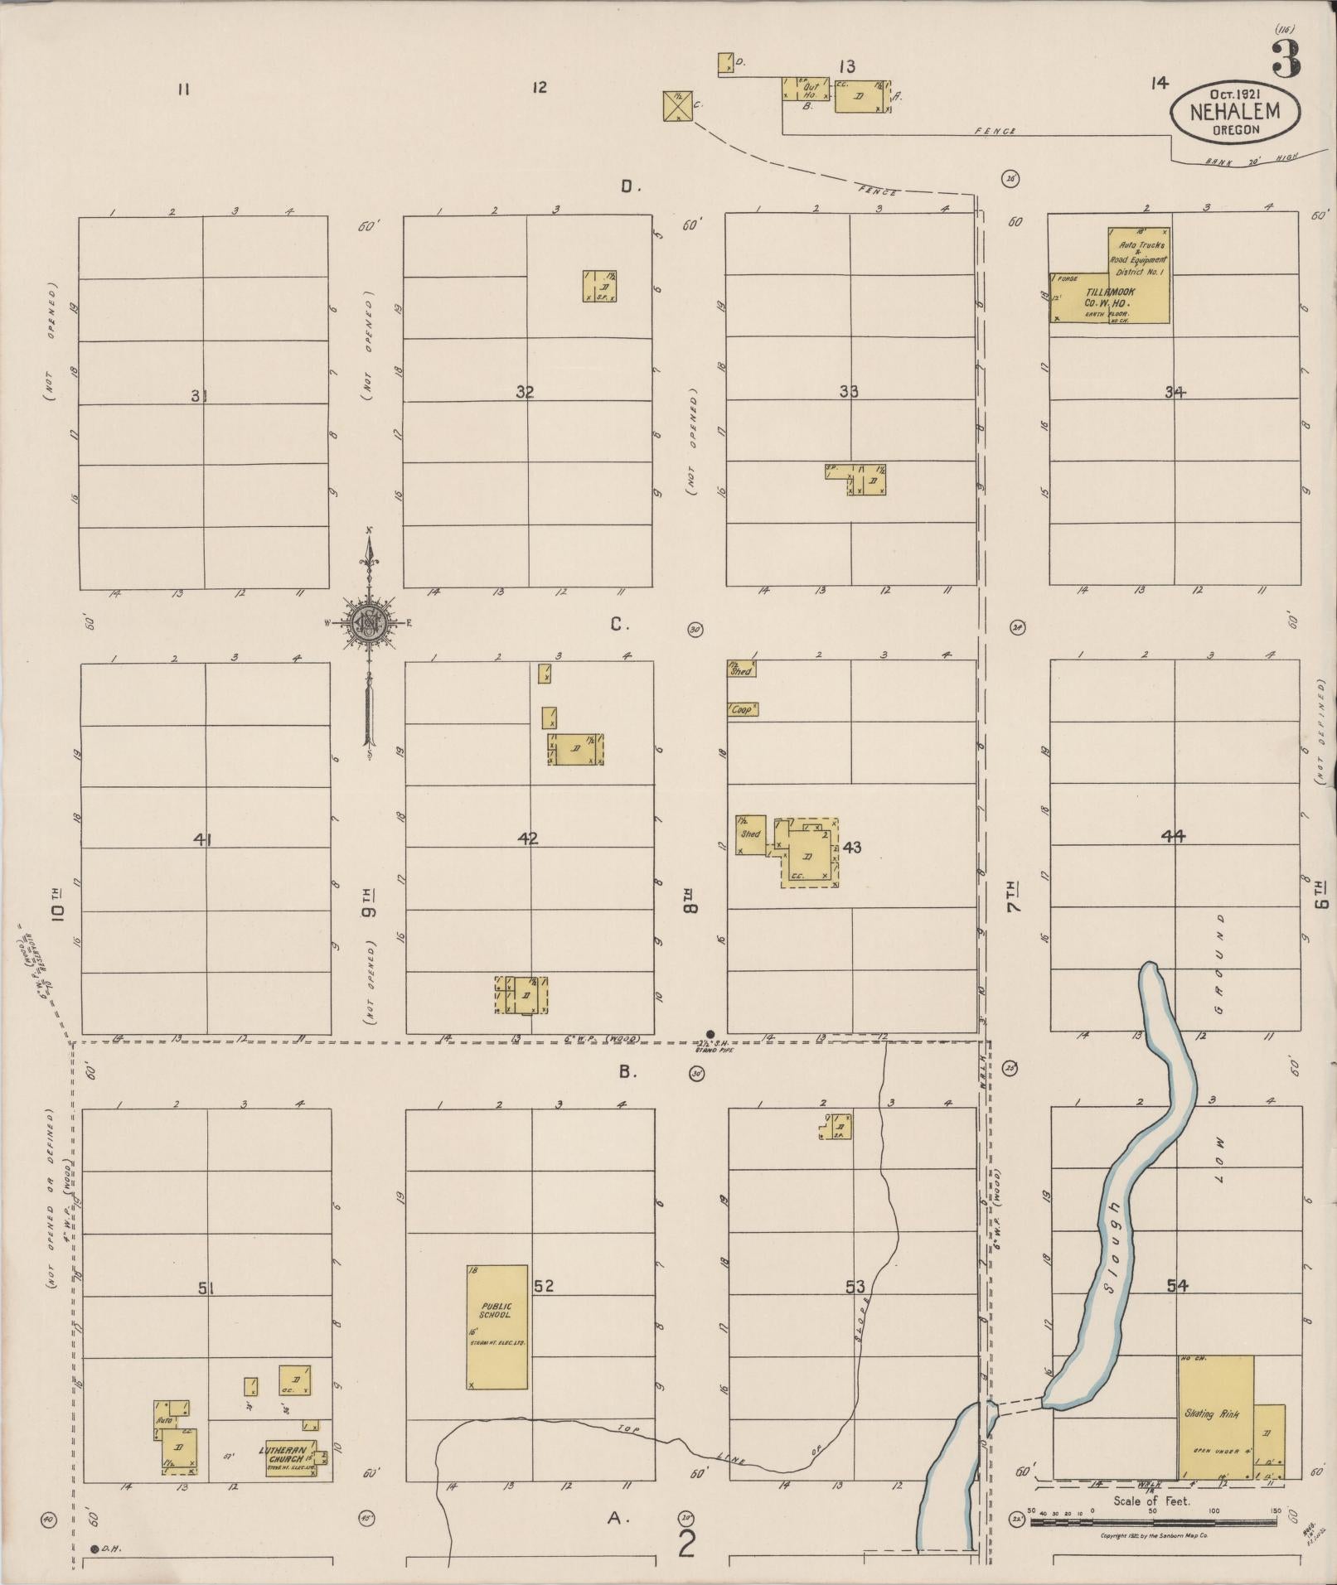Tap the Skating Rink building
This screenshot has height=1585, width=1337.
click(1215, 1416)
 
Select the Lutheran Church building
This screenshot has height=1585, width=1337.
click(290, 1457)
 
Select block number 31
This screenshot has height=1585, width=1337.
click(199, 396)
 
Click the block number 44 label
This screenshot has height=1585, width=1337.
click(1173, 836)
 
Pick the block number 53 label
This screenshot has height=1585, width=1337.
click(855, 1287)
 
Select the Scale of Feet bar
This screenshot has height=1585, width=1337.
click(1152, 1522)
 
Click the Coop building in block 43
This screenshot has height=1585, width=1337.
click(743, 709)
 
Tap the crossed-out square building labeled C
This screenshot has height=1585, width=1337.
click(678, 106)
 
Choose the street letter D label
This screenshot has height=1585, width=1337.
click(630, 187)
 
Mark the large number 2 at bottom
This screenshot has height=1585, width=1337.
click(686, 1544)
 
